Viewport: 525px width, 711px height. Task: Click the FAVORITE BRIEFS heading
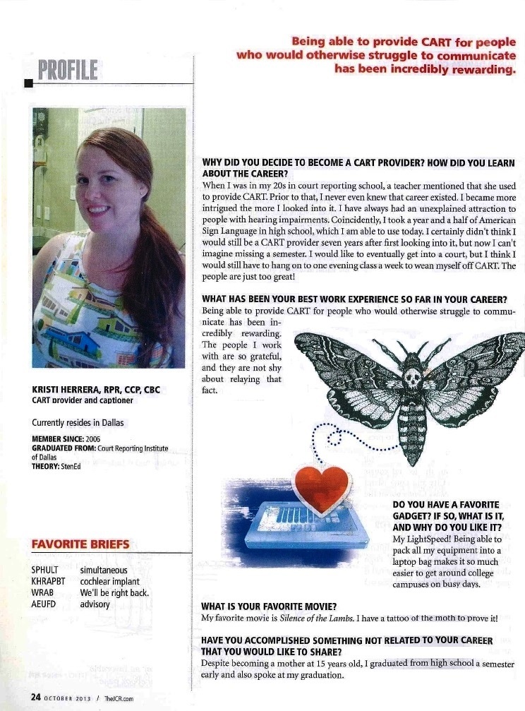tap(81, 544)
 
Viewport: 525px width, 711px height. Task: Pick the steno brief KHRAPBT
tap(49, 581)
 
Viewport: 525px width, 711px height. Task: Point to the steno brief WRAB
tap(42, 592)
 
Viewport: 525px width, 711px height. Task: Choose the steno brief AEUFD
tap(44, 604)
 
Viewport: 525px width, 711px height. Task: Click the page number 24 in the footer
tap(35, 696)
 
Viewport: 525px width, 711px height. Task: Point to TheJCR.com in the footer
tap(119, 697)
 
